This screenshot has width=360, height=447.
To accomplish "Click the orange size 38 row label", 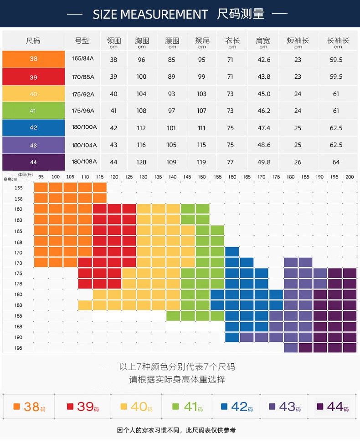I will click(x=33, y=59).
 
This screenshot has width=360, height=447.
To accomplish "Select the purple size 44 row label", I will click(x=33, y=162).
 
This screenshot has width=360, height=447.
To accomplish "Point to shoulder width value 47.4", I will click(x=264, y=128).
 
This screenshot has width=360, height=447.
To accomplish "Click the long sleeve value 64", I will click(x=336, y=162).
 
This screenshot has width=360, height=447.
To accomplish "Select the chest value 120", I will click(x=141, y=162).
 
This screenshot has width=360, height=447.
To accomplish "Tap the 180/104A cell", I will click(x=84, y=144).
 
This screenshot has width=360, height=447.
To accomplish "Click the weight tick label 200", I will click(x=350, y=177).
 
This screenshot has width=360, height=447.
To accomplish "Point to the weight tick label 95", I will click(x=41, y=177).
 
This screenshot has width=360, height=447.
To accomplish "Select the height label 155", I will click(x=18, y=188).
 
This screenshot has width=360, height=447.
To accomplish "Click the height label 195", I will click(x=18, y=348).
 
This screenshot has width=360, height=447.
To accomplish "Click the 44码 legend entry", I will click(x=333, y=406).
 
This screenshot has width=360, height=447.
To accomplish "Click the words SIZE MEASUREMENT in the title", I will click(x=150, y=14).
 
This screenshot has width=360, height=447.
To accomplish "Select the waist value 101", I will click(x=171, y=128).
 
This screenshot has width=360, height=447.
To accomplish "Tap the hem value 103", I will click(x=201, y=94).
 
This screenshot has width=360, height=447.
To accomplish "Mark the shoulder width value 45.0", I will click(x=264, y=94).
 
